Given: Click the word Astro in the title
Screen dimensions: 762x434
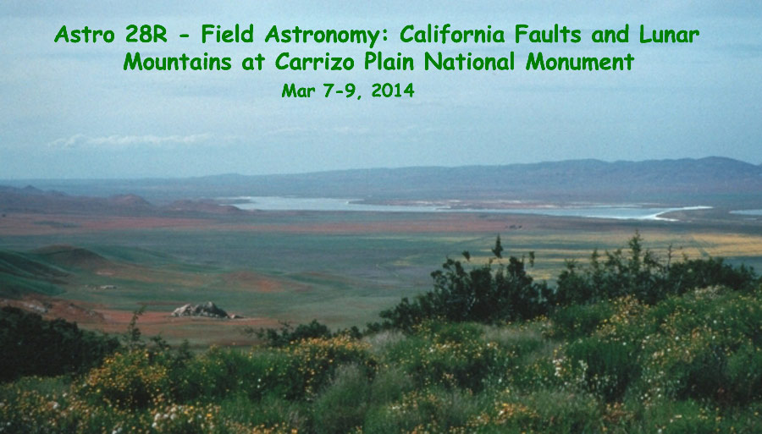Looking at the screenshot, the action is click(x=84, y=35).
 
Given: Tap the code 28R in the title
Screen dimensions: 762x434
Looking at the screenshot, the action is click(x=146, y=35).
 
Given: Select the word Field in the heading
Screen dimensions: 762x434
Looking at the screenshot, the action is click(x=228, y=34).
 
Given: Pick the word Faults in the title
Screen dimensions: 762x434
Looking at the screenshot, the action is click(x=548, y=34).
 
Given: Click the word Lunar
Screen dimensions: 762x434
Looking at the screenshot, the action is click(x=669, y=34).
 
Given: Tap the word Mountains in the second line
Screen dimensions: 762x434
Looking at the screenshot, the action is click(x=178, y=62).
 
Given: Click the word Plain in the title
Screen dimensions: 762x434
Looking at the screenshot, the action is click(x=389, y=62).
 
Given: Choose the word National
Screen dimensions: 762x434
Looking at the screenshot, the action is click(x=469, y=62).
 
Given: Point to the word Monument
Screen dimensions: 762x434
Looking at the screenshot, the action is click(x=580, y=62).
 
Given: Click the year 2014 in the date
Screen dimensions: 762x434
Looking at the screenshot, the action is click(x=393, y=91).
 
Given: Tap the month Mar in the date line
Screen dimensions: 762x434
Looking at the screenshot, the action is click(x=298, y=91).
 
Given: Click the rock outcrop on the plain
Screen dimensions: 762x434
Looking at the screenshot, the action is click(x=202, y=310).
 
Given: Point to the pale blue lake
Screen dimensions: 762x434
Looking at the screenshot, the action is click(x=457, y=207).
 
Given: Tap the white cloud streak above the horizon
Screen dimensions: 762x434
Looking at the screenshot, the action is click(x=131, y=140).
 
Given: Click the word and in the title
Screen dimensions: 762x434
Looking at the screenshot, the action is click(x=610, y=34).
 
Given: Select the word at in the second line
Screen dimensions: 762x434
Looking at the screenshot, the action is click(x=253, y=63).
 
